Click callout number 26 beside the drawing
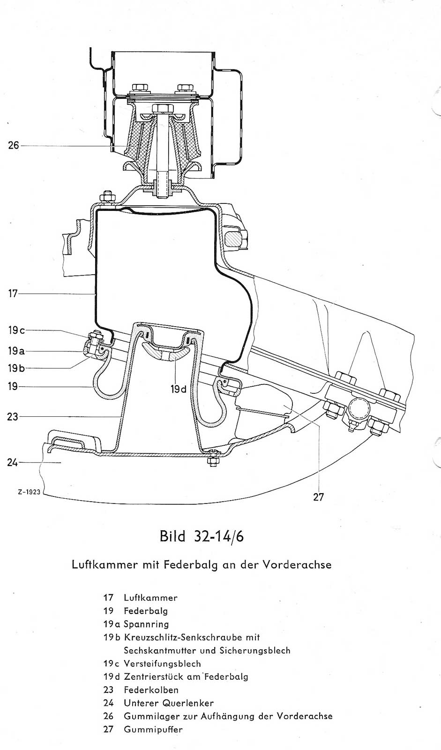click(14, 146)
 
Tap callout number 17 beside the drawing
click(13, 293)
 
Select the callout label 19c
click(16, 330)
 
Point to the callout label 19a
click(16, 351)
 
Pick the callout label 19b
click(16, 368)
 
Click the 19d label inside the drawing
click(179, 390)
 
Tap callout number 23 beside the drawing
click(13, 417)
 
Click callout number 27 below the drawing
click(318, 497)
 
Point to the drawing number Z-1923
click(29, 492)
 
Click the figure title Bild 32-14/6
click(202, 536)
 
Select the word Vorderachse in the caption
click(297, 564)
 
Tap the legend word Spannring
click(146, 624)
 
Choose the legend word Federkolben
click(151, 690)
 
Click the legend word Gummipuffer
click(153, 729)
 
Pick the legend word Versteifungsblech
click(163, 664)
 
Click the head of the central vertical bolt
click(163, 108)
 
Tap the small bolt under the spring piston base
click(213, 458)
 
